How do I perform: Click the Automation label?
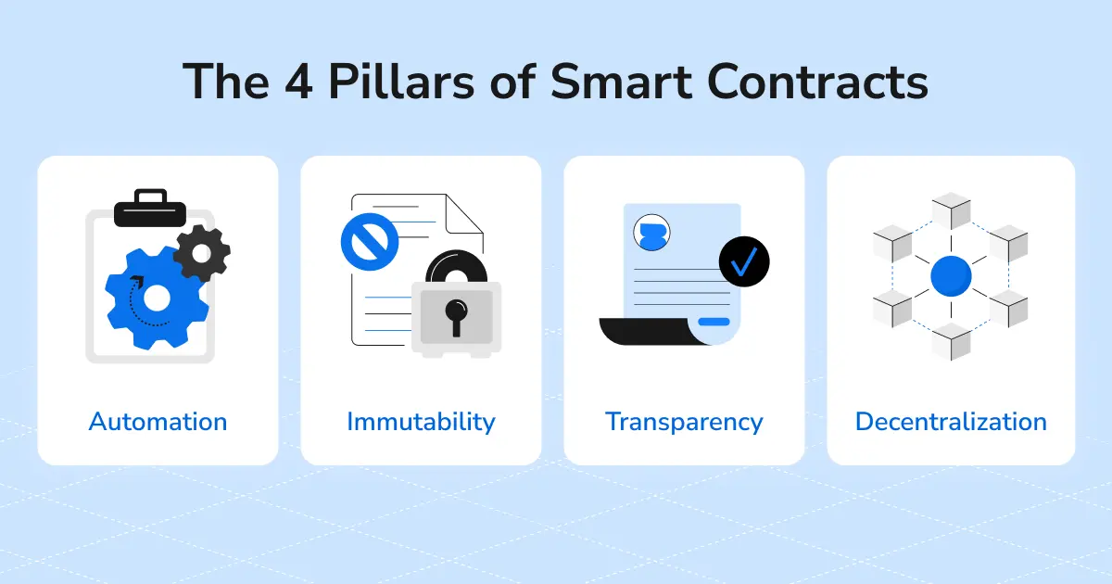click(x=158, y=422)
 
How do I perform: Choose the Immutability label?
click(x=421, y=422)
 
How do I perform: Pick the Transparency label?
click(x=684, y=422)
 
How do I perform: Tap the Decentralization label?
click(x=951, y=422)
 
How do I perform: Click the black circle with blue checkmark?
click(x=744, y=261)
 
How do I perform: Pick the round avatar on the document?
click(x=651, y=234)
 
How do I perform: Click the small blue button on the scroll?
click(x=714, y=322)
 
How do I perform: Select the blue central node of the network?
click(x=951, y=276)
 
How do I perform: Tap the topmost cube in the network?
click(x=951, y=209)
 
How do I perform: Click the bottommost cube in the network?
click(x=951, y=342)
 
